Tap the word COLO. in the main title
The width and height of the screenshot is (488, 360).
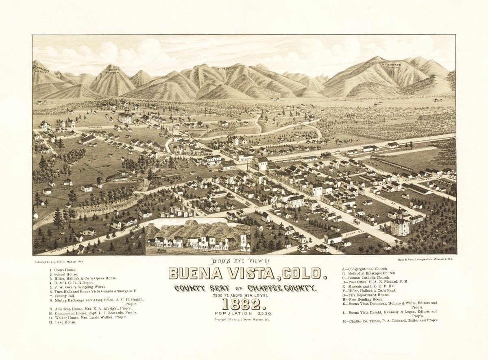303,274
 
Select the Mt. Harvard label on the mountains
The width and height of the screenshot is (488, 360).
391,65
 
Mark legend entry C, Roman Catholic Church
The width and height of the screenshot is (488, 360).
368,277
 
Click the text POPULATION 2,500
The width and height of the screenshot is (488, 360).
244,314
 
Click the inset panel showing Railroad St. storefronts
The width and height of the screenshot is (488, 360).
198,236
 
